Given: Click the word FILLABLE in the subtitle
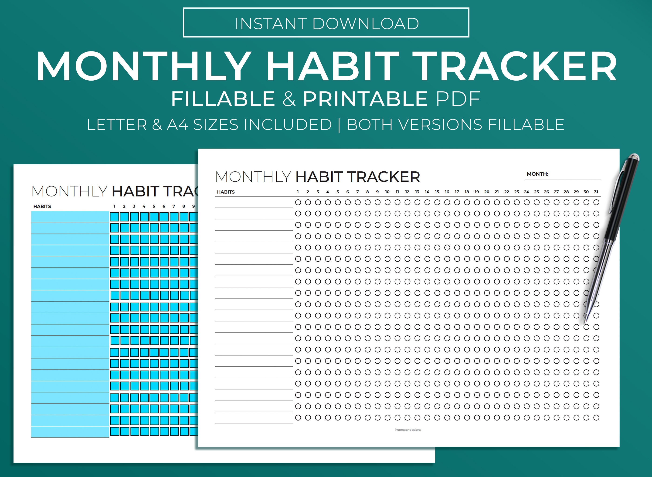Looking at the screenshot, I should tap(223, 99).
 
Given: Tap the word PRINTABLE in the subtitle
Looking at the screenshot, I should tap(365, 99).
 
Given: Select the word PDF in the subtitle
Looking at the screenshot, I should tap(458, 99).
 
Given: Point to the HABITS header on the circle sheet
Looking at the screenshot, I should tap(226, 192).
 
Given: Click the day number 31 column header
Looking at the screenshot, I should tap(596, 192).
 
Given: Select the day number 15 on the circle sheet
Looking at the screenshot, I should tap(437, 192).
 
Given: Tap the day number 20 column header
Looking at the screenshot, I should tap(487, 192).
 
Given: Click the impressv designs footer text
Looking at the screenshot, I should tap(408, 430).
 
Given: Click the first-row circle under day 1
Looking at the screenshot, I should tap(298, 202).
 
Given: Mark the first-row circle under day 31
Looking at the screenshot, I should tap(596, 202).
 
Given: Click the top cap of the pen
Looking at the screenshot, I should tap(634, 158).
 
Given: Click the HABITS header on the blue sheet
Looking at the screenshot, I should tap(42, 206).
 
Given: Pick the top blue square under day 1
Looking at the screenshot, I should tap(115, 217).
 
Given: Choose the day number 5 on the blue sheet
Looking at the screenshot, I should tap(154, 206).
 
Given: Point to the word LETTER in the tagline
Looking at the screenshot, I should tap(117, 125).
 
